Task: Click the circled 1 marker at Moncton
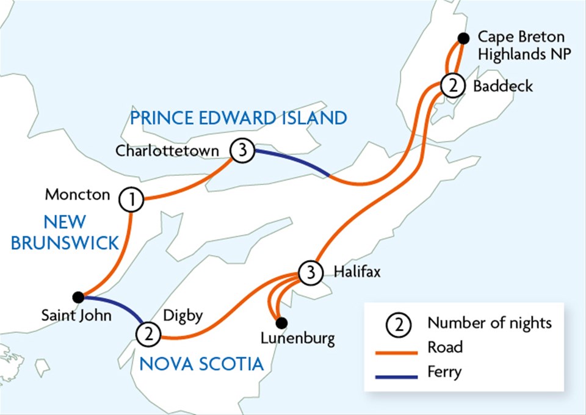click(x=131, y=199)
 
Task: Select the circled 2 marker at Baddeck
click(x=452, y=86)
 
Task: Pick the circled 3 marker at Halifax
click(x=311, y=272)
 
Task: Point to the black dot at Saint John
click(x=78, y=297)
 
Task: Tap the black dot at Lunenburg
click(x=280, y=322)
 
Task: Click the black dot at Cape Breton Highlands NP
click(x=463, y=38)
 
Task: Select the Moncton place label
click(x=78, y=195)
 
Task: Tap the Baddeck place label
click(x=502, y=86)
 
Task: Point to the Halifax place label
click(x=357, y=272)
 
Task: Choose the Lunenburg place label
click(x=297, y=339)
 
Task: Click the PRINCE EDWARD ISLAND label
click(x=238, y=117)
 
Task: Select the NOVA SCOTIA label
click(x=201, y=364)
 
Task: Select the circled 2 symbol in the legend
click(x=398, y=323)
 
